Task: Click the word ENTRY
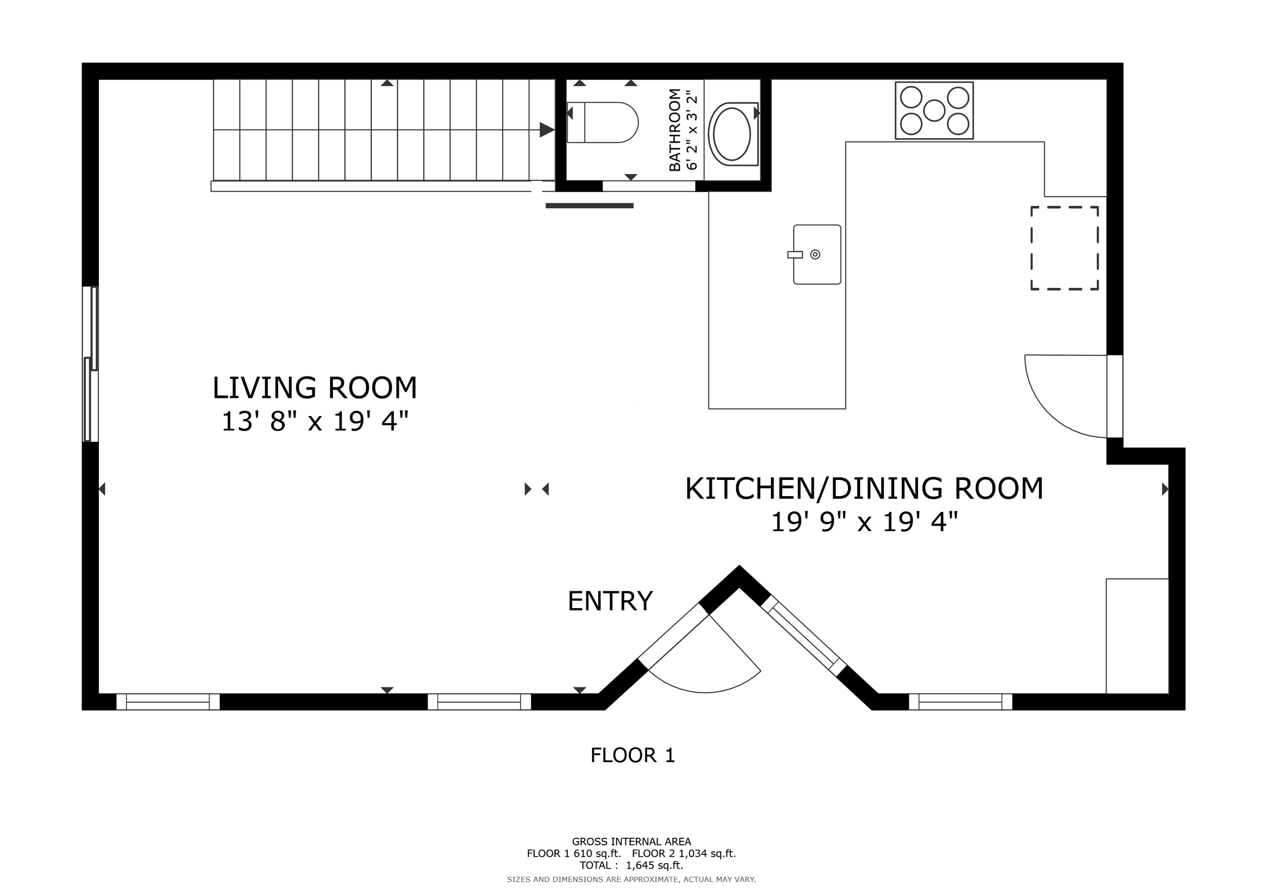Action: [610, 602]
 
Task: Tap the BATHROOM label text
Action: [675, 130]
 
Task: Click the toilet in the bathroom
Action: [603, 122]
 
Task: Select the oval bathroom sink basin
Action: [732, 134]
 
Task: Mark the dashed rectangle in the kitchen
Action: [1064, 248]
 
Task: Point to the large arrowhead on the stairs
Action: [547, 130]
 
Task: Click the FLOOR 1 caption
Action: [633, 755]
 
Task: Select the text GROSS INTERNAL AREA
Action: [631, 841]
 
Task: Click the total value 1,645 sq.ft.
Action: [654, 865]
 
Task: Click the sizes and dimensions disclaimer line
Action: [631, 879]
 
